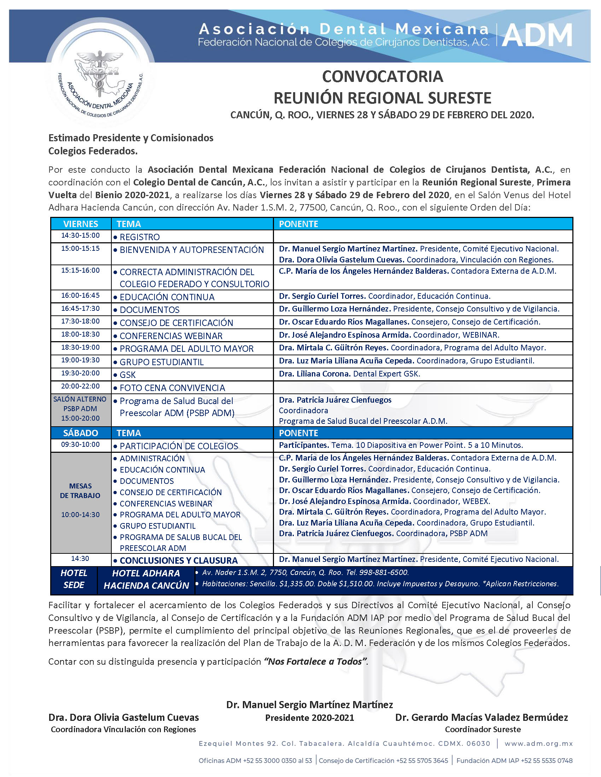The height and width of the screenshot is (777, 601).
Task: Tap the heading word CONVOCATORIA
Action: [383, 77]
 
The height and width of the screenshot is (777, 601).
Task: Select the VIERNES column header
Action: [81, 224]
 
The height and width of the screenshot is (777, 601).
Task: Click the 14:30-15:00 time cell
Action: [81, 236]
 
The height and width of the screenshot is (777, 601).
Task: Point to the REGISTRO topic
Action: [140, 237]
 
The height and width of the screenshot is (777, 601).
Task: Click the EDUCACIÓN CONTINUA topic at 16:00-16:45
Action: [167, 297]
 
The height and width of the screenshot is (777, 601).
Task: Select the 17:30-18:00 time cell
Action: [81, 321]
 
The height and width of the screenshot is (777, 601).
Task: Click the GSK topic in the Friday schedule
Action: [128, 375]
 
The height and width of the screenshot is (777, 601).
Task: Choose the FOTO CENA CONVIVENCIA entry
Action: [172, 388]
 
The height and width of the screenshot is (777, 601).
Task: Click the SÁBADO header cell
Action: [81, 433]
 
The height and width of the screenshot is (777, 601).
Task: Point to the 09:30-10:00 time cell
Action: [81, 445]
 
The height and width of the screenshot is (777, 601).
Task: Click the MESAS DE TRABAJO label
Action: [81, 491]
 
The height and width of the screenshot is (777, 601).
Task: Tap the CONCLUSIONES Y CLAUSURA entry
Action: [179, 561]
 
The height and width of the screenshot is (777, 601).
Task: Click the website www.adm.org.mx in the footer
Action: [538, 743]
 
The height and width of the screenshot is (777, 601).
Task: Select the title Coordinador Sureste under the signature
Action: [483, 729]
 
